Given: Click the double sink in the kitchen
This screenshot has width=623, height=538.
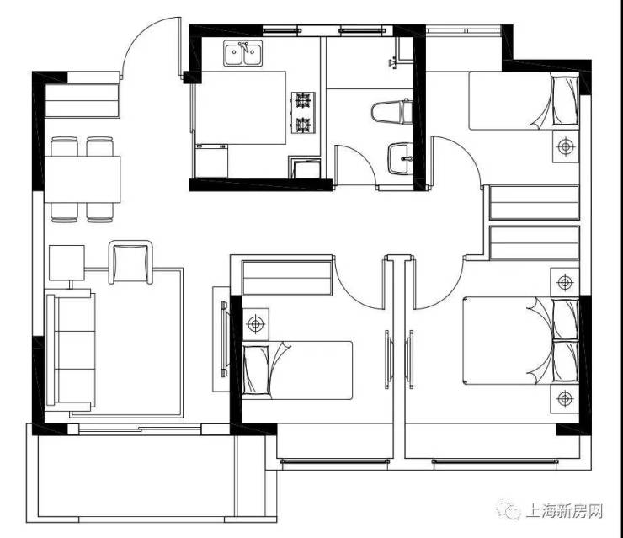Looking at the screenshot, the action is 242,53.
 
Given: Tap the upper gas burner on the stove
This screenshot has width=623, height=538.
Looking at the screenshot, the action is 303,100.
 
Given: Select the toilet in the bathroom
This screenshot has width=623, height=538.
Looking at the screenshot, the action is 391,112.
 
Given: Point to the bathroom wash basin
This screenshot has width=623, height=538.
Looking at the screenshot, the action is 400,159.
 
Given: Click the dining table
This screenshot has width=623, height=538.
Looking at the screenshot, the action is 83,179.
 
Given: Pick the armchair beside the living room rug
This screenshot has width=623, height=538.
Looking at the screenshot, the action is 130,262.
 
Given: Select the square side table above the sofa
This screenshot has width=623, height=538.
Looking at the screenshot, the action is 67,263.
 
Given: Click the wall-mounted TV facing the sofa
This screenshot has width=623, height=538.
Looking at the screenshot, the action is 225,339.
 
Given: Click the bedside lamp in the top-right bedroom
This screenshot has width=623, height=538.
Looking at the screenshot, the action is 566,146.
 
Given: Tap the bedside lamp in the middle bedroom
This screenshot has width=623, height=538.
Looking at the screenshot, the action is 255,324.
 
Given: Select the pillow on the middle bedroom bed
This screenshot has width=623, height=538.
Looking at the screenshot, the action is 256,370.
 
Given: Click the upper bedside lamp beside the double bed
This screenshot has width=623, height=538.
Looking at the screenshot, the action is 565,283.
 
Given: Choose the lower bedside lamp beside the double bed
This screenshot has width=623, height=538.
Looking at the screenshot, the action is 565,398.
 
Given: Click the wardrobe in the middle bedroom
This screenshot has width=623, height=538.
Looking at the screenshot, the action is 287,278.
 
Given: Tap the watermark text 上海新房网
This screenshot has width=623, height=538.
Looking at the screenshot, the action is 564,511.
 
